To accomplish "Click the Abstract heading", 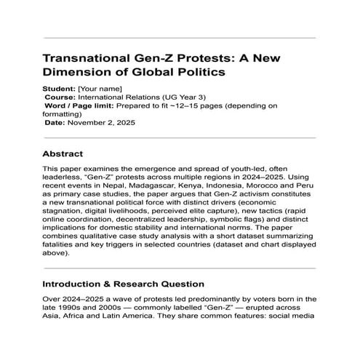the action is coord(63,154).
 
